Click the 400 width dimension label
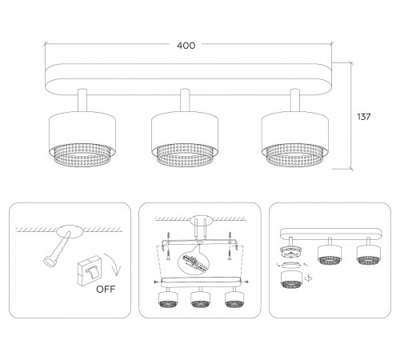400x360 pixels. pos(186,46)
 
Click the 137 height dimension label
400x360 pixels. pos(364,117)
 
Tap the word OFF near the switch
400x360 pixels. pos(106,290)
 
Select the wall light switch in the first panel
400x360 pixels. pos(89,270)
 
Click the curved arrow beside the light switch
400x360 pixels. pos(114,264)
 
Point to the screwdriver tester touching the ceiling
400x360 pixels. pos(58,249)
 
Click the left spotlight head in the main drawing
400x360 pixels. pos(82,139)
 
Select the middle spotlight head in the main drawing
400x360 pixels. pos(185,139)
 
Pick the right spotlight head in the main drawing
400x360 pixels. pos(295,139)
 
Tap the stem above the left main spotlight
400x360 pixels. pos(82,100)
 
